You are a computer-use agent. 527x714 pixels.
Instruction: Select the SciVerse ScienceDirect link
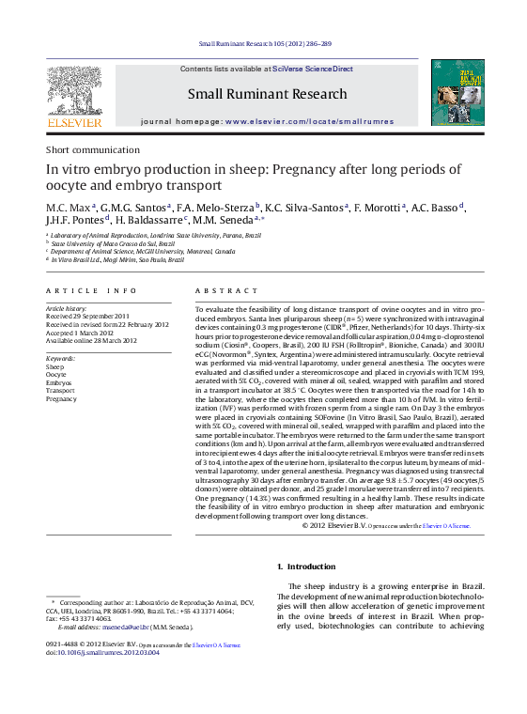coord(313,69)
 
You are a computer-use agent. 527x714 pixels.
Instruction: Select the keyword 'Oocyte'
coord(56,375)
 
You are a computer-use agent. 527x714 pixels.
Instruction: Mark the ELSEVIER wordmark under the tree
coord(74,122)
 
